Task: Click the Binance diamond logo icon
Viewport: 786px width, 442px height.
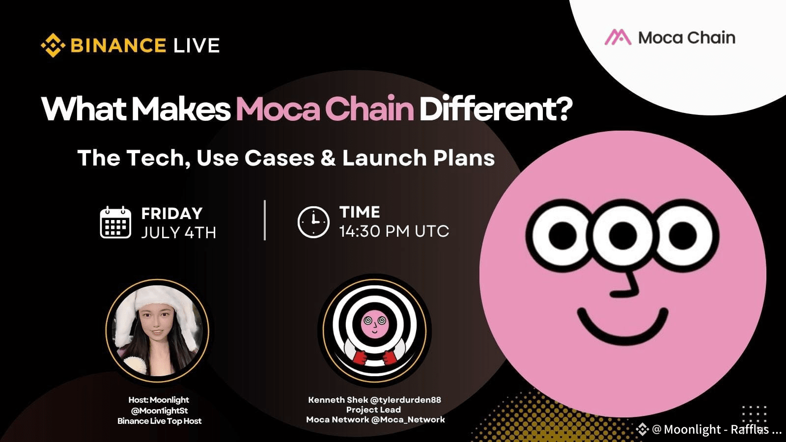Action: [53, 46]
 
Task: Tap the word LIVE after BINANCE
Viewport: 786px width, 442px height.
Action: [196, 46]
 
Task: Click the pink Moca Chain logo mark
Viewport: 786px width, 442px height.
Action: [618, 38]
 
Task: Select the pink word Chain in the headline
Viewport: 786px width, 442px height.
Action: [369, 109]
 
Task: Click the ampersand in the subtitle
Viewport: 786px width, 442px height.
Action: [328, 158]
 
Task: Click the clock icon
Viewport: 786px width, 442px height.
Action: [313, 222]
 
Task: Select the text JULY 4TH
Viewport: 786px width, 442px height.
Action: [178, 232]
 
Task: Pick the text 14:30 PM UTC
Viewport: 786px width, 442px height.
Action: [394, 231]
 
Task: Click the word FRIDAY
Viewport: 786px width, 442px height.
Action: [172, 213]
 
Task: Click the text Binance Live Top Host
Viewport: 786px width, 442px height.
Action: [159, 421]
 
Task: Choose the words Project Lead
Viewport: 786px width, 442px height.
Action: [373, 410]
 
